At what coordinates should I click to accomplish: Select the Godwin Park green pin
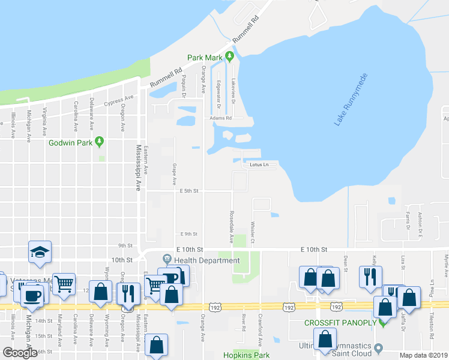[x=100, y=142]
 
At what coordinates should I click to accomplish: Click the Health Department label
[x=206, y=260]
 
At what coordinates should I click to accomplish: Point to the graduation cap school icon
[x=40, y=251]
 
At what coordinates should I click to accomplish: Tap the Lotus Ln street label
[x=255, y=164]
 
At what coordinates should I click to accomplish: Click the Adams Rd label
[x=220, y=118]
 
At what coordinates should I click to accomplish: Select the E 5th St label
[x=188, y=191]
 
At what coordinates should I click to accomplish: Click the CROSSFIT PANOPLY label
[x=339, y=323]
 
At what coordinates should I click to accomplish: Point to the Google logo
[x=20, y=353]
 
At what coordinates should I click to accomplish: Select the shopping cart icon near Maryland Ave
[x=64, y=282]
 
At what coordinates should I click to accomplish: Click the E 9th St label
[x=188, y=234]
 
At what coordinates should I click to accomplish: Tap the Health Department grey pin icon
[x=167, y=260]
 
